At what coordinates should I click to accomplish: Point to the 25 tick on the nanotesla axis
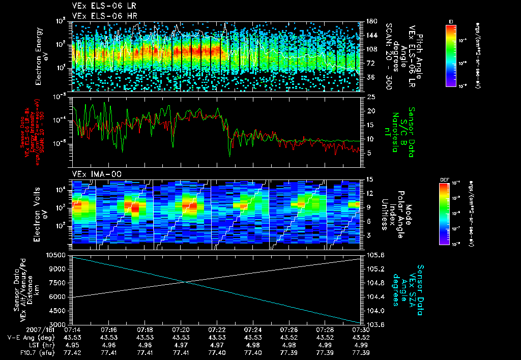tap(371, 97)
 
